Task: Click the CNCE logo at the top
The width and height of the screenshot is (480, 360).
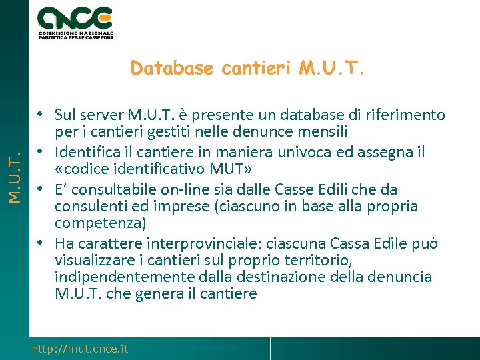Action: coord(75,23)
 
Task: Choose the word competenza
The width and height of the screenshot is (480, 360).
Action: coord(96,223)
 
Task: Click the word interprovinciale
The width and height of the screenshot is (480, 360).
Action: coord(211,244)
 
